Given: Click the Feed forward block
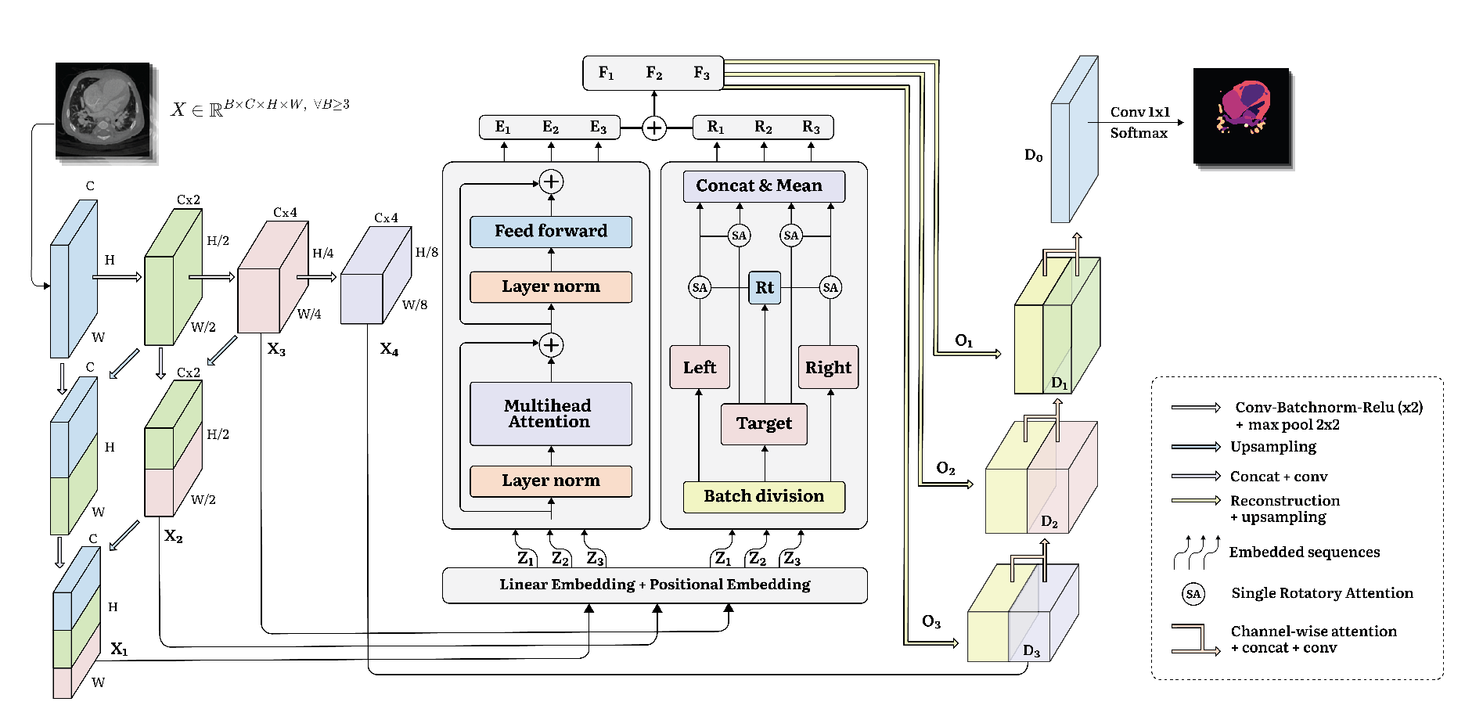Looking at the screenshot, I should click(551, 232).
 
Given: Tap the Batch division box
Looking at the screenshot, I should click(764, 497).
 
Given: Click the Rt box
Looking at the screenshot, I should click(765, 287).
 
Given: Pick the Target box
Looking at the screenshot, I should click(764, 424).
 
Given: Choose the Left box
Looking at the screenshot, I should click(700, 367).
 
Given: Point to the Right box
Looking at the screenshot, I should click(828, 367).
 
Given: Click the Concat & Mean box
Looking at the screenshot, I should click(759, 186).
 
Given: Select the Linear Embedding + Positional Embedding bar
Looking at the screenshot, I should click(654, 585).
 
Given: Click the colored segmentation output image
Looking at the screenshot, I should click(1241, 116).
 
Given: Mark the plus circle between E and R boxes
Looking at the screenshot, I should click(654, 128).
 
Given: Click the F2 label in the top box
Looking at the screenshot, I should click(654, 74).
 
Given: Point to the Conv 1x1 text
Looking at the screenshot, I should click(1139, 113).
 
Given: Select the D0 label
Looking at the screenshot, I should click(1033, 156).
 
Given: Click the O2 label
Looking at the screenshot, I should click(945, 469).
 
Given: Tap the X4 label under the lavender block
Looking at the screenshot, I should click(389, 349).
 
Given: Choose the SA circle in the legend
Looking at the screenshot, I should click(1193, 594).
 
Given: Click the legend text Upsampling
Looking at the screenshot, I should click(1273, 447).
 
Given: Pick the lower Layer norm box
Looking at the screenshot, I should click(551, 481).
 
